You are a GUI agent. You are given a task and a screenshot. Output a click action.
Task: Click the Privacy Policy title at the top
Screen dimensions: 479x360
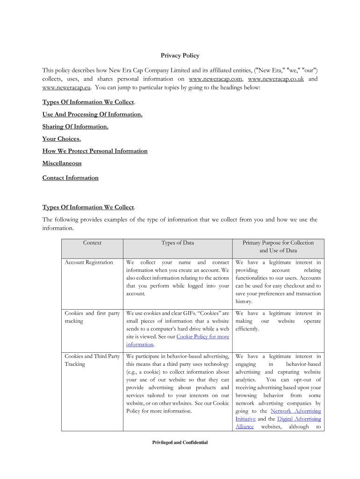[x=180, y=56]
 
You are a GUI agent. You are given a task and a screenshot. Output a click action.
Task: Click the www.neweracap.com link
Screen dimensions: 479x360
[x=215, y=79]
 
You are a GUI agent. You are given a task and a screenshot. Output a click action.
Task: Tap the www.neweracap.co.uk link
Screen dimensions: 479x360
[x=275, y=79]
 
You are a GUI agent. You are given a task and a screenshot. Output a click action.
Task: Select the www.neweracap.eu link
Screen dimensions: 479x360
[x=67, y=87]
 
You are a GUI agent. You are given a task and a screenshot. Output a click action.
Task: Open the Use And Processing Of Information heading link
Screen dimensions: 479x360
[x=92, y=115]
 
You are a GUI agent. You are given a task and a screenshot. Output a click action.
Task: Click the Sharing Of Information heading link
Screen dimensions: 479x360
[x=75, y=127]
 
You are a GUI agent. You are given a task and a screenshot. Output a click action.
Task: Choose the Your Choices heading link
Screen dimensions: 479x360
[x=61, y=139]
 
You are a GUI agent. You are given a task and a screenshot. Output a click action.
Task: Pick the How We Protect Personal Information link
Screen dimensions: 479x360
[x=95, y=151]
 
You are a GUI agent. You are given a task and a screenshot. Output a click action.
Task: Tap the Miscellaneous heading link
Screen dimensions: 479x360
[x=62, y=163]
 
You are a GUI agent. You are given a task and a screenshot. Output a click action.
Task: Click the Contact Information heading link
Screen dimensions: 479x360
[x=70, y=178]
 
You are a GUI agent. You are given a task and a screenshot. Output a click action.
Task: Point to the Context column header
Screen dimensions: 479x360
[x=92, y=243]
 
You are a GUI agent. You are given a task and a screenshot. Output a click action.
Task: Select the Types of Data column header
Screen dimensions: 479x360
[x=178, y=243]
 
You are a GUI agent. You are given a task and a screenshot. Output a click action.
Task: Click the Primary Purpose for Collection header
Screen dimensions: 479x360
[x=278, y=247]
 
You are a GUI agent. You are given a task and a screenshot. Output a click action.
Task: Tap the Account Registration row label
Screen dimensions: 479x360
[x=89, y=262]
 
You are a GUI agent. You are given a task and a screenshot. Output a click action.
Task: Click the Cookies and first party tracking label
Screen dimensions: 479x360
[x=92, y=317]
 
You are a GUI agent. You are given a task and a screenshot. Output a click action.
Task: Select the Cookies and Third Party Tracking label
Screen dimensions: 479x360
[x=92, y=360]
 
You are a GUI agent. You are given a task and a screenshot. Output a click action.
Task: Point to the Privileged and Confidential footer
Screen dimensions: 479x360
[x=180, y=443]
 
